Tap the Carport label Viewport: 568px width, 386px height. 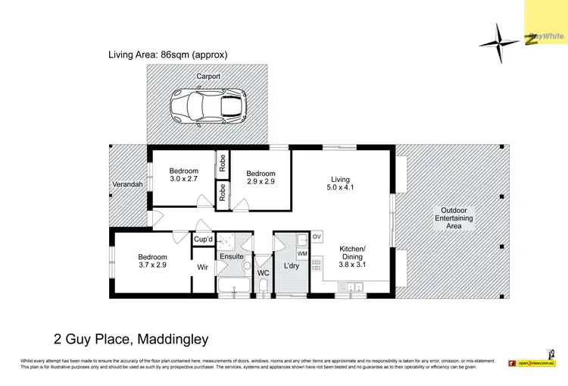point(208,77)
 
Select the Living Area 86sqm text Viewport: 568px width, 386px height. point(168,55)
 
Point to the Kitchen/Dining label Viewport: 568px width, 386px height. point(352,253)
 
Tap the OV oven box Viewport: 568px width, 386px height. point(317,237)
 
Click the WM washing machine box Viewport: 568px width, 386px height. point(302,253)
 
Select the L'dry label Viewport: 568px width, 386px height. point(292,267)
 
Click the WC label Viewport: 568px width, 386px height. point(264,272)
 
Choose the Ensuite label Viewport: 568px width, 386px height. point(231,256)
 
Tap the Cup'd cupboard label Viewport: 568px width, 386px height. point(203,240)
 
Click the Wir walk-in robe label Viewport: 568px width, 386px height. point(203,267)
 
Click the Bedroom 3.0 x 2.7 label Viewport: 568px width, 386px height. point(183,175)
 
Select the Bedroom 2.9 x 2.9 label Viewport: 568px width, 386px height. point(261,178)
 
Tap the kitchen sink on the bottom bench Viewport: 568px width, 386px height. point(353,286)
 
